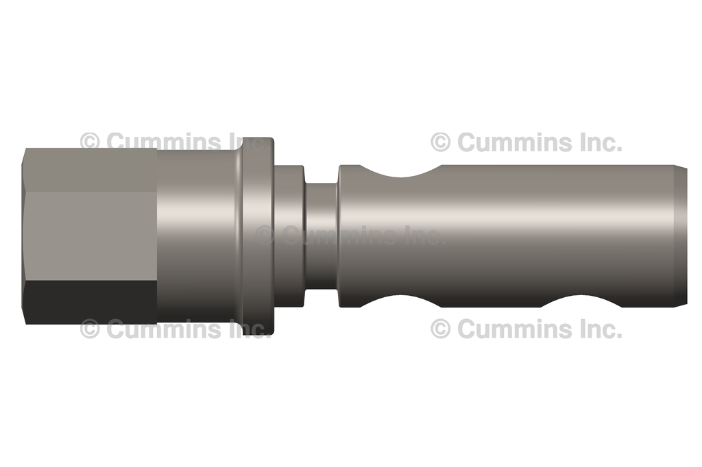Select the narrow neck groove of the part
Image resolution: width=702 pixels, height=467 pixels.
coord(321,236)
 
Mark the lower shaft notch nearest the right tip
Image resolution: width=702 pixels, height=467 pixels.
coord(580,302)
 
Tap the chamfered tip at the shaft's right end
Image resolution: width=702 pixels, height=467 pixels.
coord(681,236)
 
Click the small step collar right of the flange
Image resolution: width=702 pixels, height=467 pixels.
coord(289,236)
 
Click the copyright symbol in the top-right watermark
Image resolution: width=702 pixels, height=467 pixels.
coord(441,142)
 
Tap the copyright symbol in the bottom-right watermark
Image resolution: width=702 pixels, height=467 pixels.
coord(441,329)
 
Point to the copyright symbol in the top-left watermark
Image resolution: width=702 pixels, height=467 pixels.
coord(90,142)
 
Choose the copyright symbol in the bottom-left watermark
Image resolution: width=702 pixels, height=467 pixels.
coord(90,329)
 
